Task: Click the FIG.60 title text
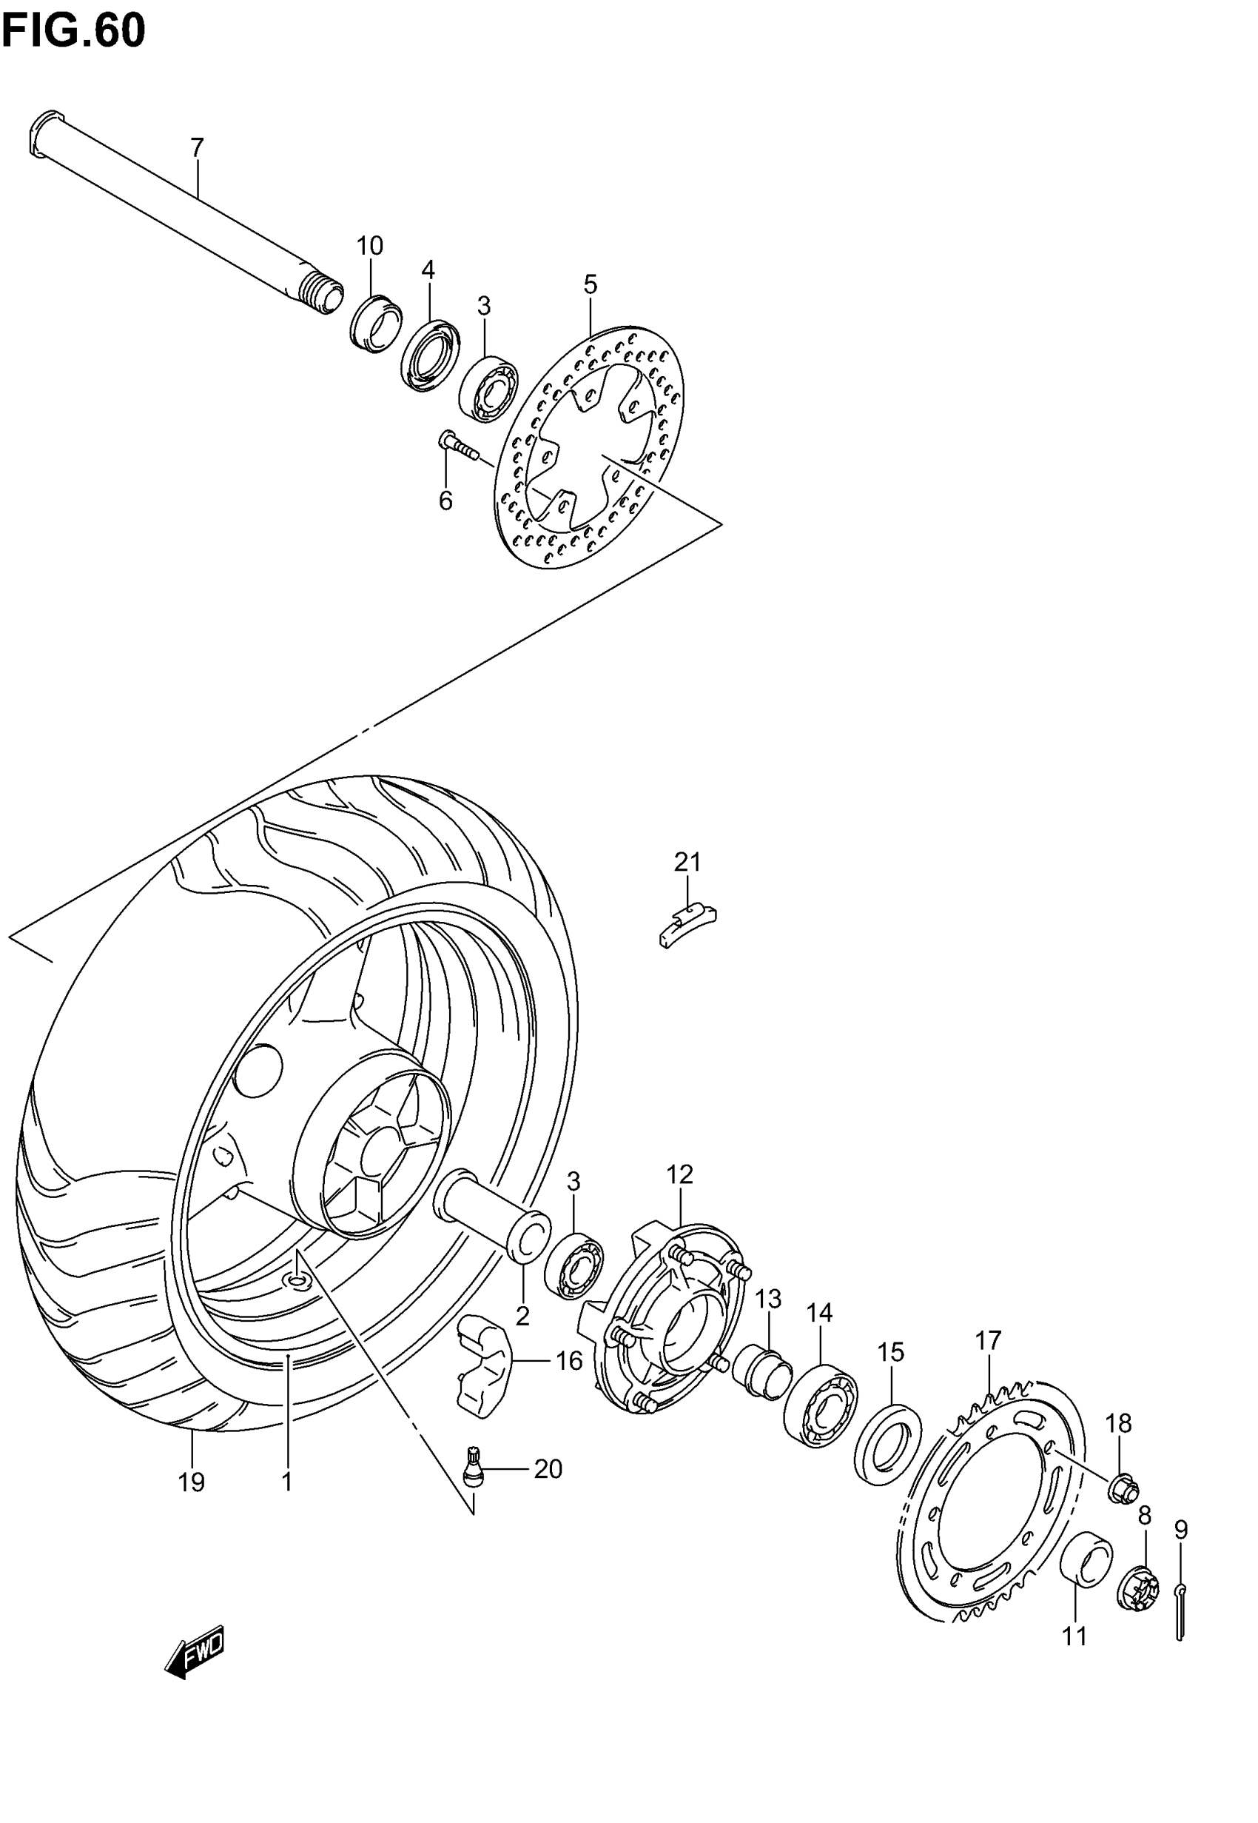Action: click(73, 32)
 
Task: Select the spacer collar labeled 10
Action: click(376, 324)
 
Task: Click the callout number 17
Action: click(988, 1339)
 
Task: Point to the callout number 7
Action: click(197, 147)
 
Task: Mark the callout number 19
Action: click(192, 1482)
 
